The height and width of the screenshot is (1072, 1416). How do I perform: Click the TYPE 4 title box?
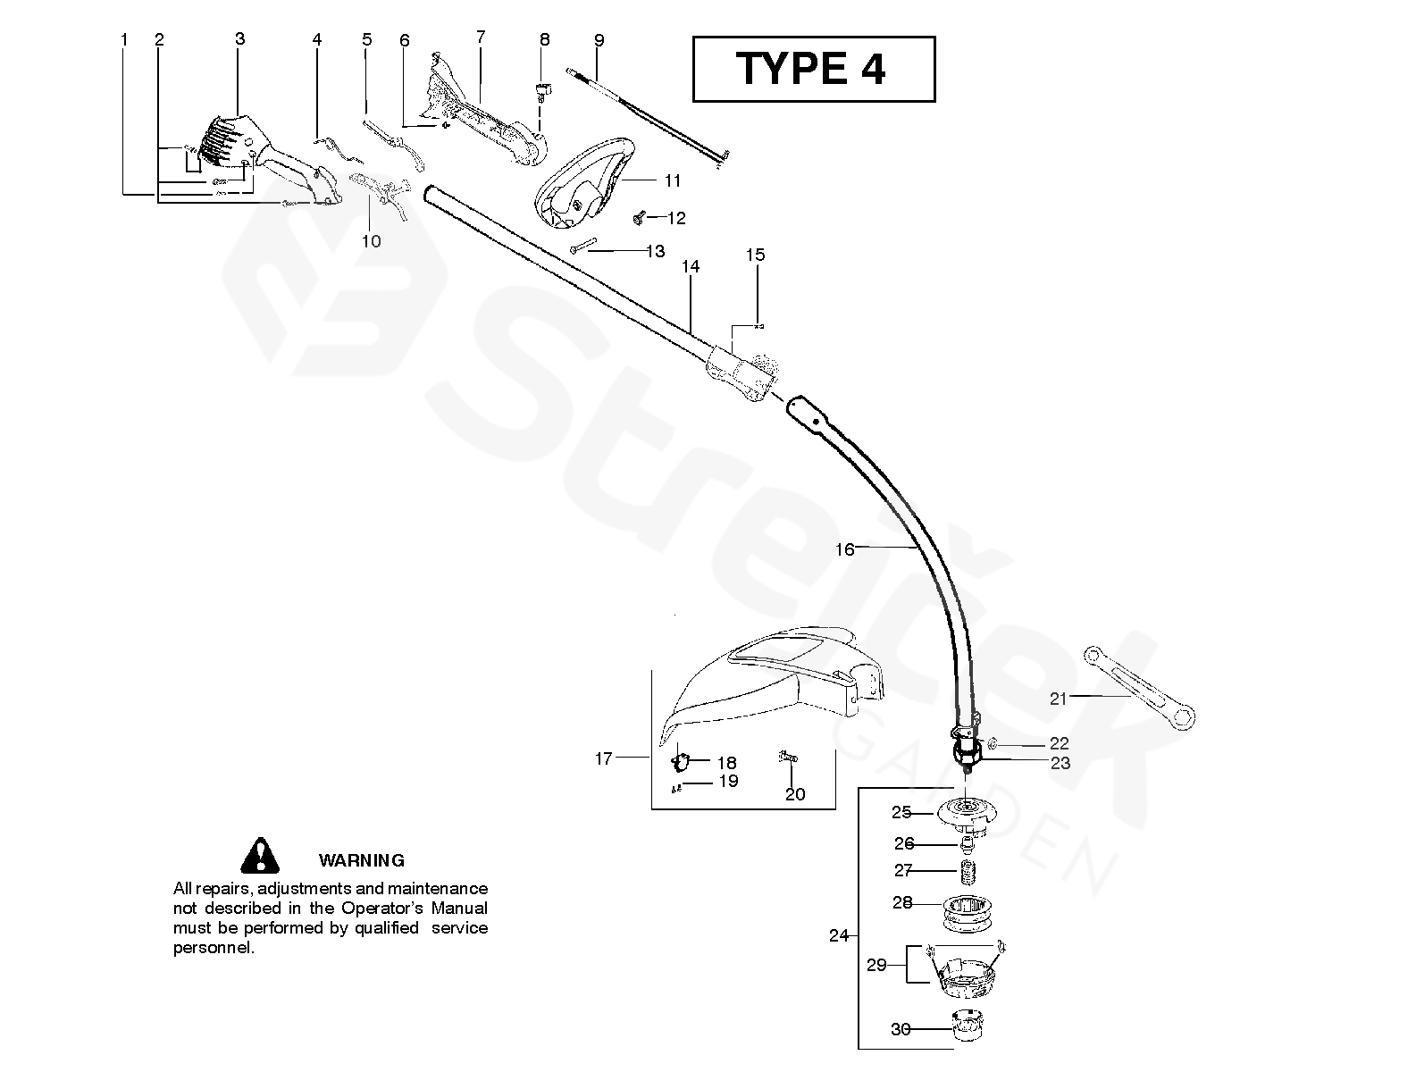(x=813, y=69)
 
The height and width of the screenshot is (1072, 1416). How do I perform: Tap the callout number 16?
(x=844, y=549)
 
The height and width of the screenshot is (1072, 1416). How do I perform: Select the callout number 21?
(x=1059, y=699)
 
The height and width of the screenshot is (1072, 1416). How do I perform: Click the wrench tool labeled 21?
(x=1139, y=684)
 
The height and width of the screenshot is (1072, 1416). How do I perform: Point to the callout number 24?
(x=838, y=935)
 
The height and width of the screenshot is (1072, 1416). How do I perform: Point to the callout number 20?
(x=794, y=793)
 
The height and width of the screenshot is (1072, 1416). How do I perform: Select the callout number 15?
(x=755, y=255)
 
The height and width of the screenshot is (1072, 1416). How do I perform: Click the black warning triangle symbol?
(x=260, y=856)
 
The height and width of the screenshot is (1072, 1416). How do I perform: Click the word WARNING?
(x=361, y=860)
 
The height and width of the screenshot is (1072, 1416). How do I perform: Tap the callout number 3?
(x=239, y=38)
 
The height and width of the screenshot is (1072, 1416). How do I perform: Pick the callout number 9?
(x=599, y=40)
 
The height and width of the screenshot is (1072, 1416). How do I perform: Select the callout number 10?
(x=371, y=240)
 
